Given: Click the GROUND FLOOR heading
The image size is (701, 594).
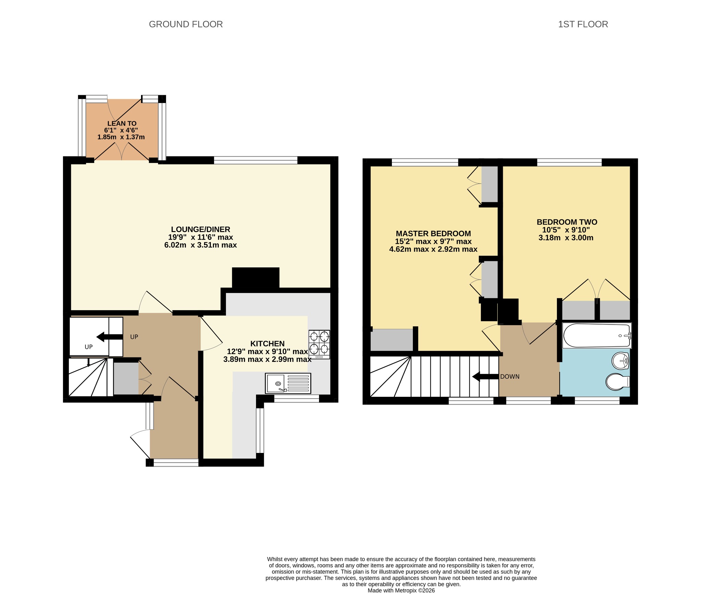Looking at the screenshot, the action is (186, 24).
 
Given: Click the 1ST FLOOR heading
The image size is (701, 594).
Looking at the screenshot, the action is (583, 24).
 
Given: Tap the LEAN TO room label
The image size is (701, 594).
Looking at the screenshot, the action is (122, 124).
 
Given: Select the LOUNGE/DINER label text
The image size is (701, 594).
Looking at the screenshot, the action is (201, 229).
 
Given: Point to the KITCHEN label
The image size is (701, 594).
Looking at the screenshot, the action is (267, 344).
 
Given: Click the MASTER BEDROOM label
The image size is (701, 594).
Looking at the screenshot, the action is (433, 233).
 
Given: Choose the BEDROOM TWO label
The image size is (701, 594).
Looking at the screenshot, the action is (567, 222).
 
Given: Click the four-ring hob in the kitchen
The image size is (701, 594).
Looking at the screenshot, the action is (319, 344).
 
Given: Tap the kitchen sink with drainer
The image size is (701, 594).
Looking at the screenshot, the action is (288, 383).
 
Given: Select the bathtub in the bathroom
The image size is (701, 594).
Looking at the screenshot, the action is (597, 336).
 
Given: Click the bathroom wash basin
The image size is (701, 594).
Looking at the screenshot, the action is (621, 361).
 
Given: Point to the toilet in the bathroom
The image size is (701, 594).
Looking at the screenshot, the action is (618, 382).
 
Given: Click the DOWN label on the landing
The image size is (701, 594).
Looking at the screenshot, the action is (510, 377).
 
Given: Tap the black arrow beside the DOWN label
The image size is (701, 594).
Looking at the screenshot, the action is (485, 377).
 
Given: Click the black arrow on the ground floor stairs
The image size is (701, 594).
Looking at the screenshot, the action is (110, 337).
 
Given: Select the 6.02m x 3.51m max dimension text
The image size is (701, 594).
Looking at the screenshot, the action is (201, 245).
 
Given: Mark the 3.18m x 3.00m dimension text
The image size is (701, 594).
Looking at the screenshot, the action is (566, 238).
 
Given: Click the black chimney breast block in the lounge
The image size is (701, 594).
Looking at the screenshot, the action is (256, 278).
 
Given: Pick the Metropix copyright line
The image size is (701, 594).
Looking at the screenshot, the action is (401, 590).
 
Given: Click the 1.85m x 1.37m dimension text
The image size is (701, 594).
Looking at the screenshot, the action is (121, 137).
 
